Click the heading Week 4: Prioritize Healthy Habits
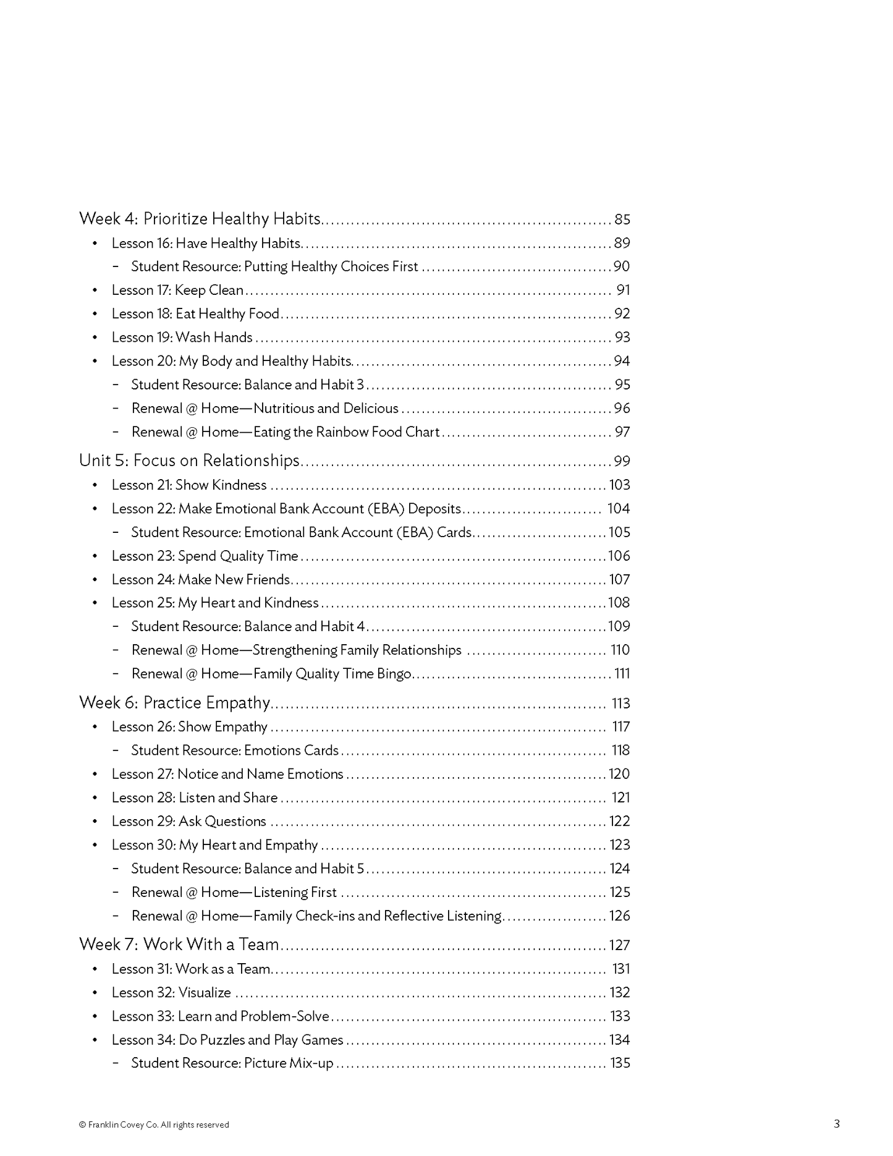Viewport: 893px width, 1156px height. coord(200,219)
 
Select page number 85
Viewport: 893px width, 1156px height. coord(622,219)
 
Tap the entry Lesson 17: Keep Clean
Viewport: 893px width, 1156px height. coord(177,290)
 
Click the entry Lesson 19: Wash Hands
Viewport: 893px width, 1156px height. coord(182,338)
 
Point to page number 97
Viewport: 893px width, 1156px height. coord(622,432)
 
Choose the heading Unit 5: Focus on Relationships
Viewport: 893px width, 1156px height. coord(189,461)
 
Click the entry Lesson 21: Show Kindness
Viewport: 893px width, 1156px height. coord(189,485)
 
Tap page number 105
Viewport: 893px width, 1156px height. coord(619,532)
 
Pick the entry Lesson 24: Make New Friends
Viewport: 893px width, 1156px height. coord(201,580)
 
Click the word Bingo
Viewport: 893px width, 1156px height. coord(394,674)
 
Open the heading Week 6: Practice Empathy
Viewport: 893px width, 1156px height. coord(175,703)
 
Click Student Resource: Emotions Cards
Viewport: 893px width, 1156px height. coord(235,750)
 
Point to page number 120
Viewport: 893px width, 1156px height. coord(619,774)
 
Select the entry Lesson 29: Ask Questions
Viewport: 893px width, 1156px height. coord(188,822)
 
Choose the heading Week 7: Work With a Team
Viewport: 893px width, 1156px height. coord(179,945)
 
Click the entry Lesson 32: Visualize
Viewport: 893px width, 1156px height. coord(171,993)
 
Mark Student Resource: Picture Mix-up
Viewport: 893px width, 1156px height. coord(232,1063)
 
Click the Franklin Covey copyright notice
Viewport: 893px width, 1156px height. coord(154,1124)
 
